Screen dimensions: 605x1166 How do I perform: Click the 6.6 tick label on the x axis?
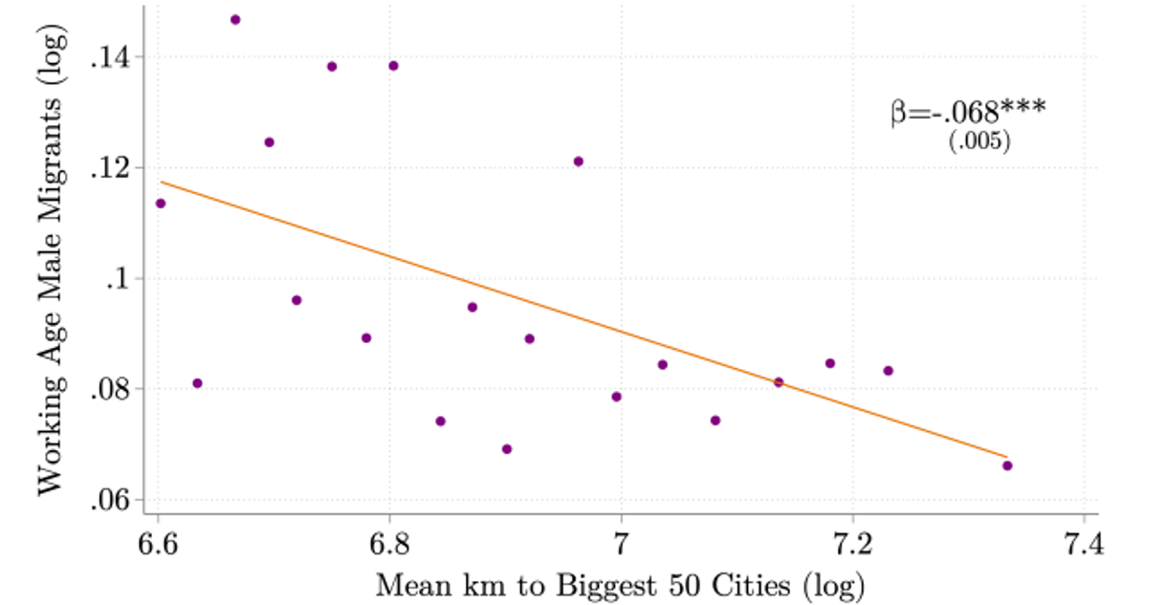[x=159, y=547]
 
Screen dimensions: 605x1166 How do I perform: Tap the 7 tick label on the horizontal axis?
[x=622, y=547]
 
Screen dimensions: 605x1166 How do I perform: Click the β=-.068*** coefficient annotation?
[x=968, y=114]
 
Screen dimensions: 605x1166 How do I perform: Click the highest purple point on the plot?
[x=235, y=19]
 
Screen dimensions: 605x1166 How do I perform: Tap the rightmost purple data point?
[x=1007, y=465]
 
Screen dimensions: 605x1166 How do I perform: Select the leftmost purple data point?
[x=161, y=203]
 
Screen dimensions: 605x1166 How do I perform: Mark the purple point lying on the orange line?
[x=779, y=382]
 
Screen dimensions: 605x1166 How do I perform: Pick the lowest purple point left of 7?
[x=507, y=449]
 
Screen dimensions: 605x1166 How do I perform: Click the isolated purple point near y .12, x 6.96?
[x=579, y=162]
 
